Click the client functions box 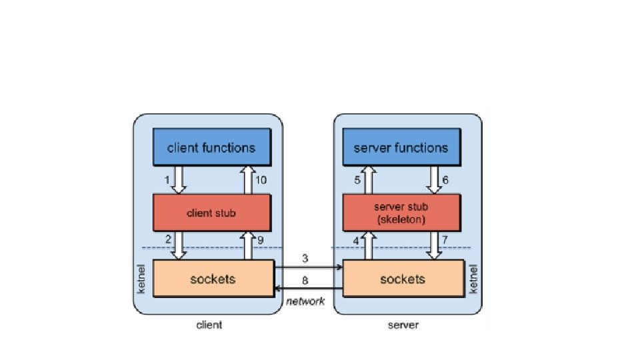pyautogui.click(x=211, y=147)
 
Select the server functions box pyautogui.click(x=403, y=147)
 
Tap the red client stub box pyautogui.click(x=211, y=213)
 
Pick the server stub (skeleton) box pyautogui.click(x=403, y=213)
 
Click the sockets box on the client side pyautogui.click(x=213, y=279)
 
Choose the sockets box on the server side pyautogui.click(x=403, y=279)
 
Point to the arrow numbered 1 pyautogui.click(x=178, y=179)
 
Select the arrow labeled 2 pyautogui.click(x=178, y=245)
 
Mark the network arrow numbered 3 pyautogui.click(x=309, y=267)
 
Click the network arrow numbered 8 pyautogui.click(x=309, y=289)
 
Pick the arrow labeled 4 pyautogui.click(x=368, y=245)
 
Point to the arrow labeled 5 pyautogui.click(x=368, y=179)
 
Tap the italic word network pyautogui.click(x=305, y=301)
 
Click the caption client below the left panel pyautogui.click(x=209, y=325)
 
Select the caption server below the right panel pyautogui.click(x=403, y=325)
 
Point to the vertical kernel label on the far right pyautogui.click(x=474, y=279)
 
